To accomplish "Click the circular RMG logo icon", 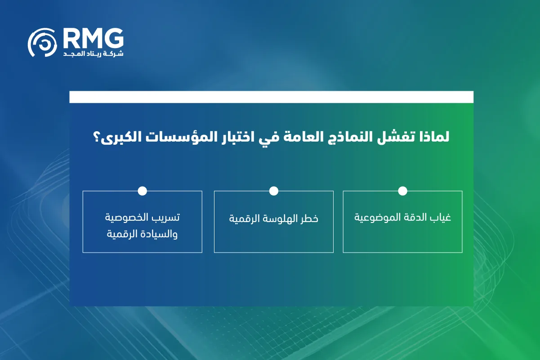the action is (42, 43).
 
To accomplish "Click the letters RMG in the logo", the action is (94, 38).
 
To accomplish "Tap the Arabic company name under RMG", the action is (93, 53).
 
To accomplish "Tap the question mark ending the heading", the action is (96, 137).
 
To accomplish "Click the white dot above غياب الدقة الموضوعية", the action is (402, 191).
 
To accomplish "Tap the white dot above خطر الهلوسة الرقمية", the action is (274, 191).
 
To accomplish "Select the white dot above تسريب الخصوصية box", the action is (142, 191).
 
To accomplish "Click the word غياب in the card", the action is (441, 218).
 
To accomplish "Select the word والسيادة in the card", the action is (161, 234).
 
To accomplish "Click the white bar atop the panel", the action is (272, 97).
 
